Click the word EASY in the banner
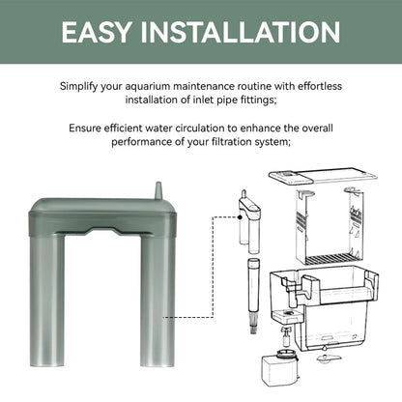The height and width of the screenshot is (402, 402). point(97,32)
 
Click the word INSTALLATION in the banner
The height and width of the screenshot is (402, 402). point(241,32)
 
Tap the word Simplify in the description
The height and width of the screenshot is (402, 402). point(78,87)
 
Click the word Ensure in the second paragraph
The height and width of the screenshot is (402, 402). point(85,129)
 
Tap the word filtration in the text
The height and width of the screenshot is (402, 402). point(232,142)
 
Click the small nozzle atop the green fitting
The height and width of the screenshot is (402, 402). point(158,190)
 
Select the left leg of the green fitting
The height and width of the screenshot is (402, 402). point(47,301)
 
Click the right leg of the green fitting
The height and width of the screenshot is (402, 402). point(158,301)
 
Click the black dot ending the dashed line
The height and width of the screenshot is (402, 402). point(240,217)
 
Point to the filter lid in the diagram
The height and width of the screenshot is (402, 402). point(323,176)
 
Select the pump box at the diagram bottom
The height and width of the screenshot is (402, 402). point(279,368)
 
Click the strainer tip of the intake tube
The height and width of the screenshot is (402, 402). point(254,325)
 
